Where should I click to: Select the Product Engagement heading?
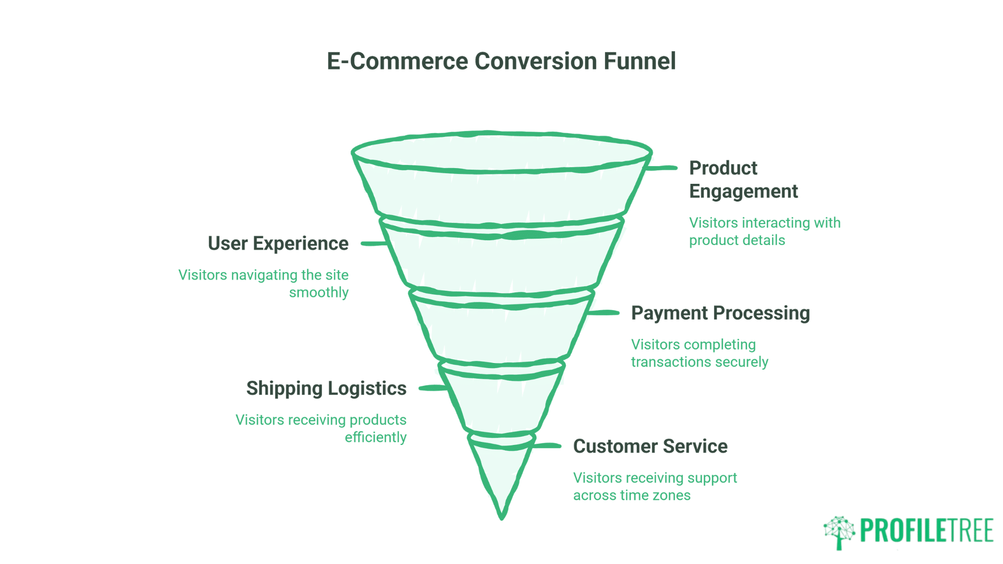[743, 179]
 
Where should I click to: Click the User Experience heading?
[278, 243]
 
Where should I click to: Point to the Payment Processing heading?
[720, 313]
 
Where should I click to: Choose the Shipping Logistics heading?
[326, 388]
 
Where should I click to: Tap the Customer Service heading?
[650, 446]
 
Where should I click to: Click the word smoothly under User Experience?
[319, 292]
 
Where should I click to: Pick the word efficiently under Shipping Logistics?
[375, 437]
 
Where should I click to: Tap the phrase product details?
[737, 240]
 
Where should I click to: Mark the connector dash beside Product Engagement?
[661, 168]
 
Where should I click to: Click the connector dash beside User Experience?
[373, 243]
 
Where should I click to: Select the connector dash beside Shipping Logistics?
[433, 388]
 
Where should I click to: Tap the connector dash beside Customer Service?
[546, 446]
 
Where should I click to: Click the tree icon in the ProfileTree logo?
[839, 532]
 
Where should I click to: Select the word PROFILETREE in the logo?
[926, 531]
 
